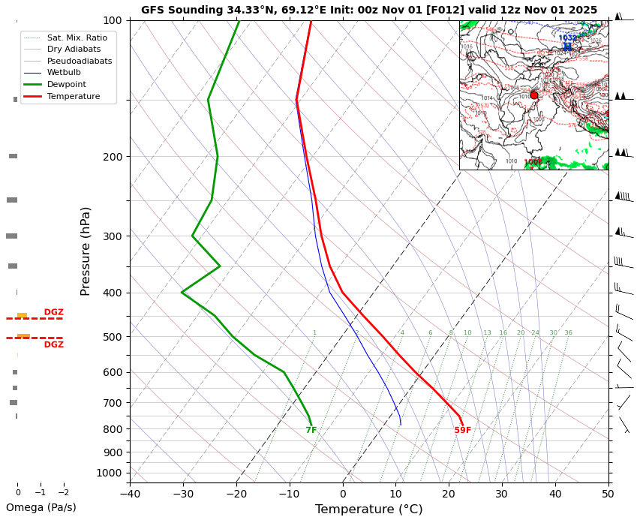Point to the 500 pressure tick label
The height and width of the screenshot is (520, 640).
coord(113,337)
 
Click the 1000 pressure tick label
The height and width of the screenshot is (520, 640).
coord(110,473)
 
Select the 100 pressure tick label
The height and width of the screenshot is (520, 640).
coord(113,20)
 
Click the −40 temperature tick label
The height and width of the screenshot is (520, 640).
coord(130,494)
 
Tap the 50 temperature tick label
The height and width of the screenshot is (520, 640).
coord(608,494)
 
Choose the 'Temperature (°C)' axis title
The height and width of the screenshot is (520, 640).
coord(368,509)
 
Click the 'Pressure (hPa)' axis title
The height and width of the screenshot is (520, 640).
coord(86,251)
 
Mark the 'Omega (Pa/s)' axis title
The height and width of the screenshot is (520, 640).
coord(41,507)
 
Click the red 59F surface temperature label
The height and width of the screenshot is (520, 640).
coord(463,431)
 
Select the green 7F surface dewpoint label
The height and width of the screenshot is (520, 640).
coord(311,431)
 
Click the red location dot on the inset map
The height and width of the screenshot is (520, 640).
coord(534,95)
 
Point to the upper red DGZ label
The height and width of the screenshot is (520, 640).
coord(53,312)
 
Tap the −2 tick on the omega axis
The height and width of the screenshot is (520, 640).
coord(64,493)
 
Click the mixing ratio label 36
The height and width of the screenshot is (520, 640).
coord(568,333)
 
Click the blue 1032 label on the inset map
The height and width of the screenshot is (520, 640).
coord(567,38)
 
